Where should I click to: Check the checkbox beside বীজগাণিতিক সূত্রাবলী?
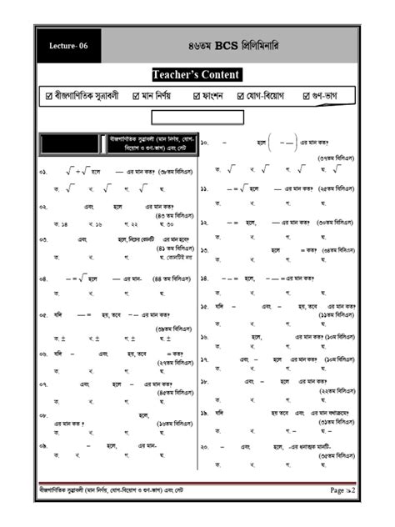[x=49, y=97]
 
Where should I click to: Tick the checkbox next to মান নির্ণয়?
[x=137, y=97]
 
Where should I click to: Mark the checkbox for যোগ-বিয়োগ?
[x=241, y=97]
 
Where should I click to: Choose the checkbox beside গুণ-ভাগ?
[x=307, y=97]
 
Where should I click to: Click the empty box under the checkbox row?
[x=197, y=117]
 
